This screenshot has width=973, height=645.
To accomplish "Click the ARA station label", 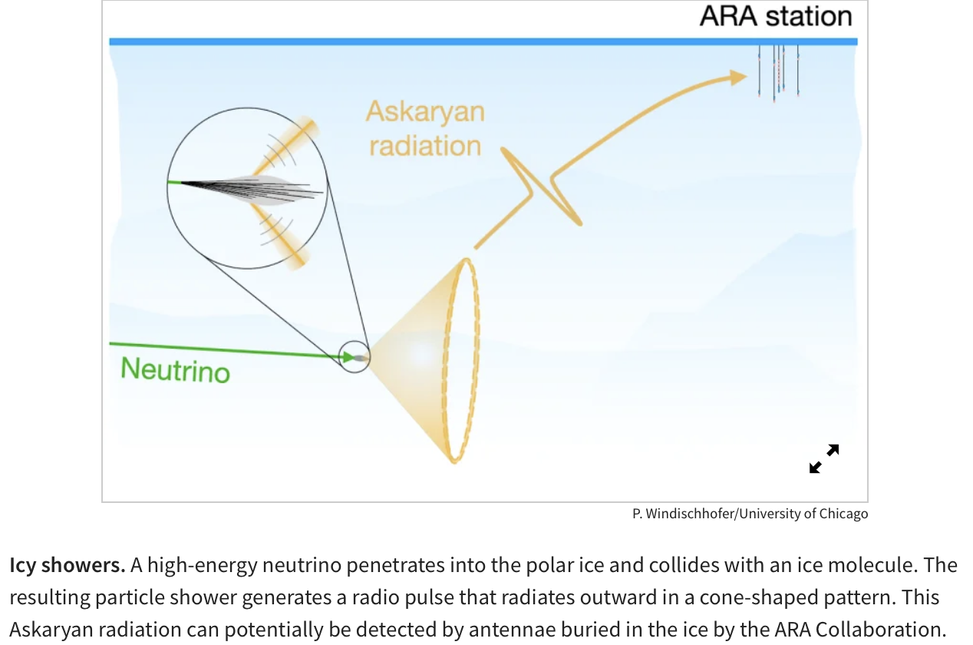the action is pyautogui.click(x=776, y=17).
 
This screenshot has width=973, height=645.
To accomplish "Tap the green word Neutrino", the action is pyautogui.click(x=176, y=370).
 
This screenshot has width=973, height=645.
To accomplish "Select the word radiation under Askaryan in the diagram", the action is pyautogui.click(x=425, y=146).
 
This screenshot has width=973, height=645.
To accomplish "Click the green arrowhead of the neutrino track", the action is pyautogui.click(x=348, y=357).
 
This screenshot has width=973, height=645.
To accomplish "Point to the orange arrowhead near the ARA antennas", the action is pyautogui.click(x=737, y=78).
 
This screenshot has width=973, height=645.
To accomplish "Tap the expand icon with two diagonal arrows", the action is pyautogui.click(x=824, y=458).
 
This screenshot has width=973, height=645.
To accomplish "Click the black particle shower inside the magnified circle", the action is pyautogui.click(x=252, y=189).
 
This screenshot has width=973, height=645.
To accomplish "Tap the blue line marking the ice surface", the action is pyautogui.click(x=483, y=41).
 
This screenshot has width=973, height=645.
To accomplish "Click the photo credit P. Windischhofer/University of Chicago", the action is pyautogui.click(x=750, y=514).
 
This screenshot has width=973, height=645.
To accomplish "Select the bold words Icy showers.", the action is pyautogui.click(x=68, y=565).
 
